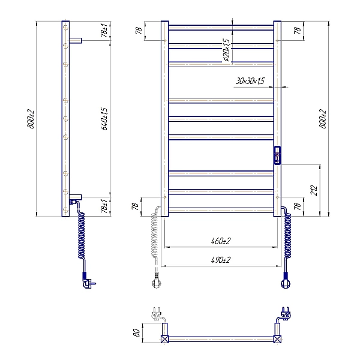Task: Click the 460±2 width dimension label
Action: tap(220, 241)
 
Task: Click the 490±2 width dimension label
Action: tap(220, 260)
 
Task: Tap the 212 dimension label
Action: tap(314, 190)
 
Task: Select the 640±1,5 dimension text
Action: tap(104, 119)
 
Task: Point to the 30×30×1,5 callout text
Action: tap(250, 81)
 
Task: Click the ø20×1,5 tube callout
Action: tap(226, 50)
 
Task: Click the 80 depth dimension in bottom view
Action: tap(136, 332)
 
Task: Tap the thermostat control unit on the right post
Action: tap(277, 155)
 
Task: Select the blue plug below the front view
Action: tap(286, 281)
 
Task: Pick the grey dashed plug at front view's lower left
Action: tap(156, 280)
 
